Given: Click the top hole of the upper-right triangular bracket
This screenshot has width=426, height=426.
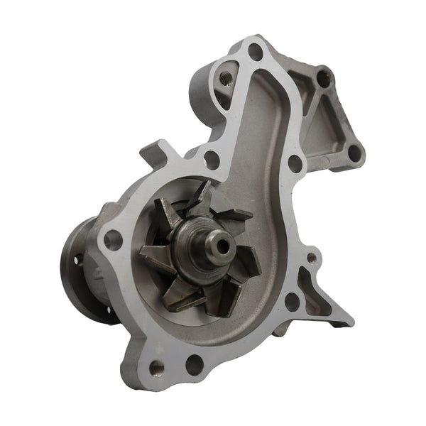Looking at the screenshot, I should tap(323, 77).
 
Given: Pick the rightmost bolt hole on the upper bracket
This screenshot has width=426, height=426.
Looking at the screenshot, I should tap(354, 152).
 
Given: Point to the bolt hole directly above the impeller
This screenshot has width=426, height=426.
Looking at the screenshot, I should tap(211, 160).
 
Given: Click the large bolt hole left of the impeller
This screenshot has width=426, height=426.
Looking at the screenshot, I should tap(112, 239).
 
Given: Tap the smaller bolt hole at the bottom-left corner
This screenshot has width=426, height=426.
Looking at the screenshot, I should tap(155, 368).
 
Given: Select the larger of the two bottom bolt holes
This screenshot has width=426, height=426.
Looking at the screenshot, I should tap(194, 365).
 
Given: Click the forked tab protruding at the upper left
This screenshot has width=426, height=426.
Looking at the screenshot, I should tap(157, 152).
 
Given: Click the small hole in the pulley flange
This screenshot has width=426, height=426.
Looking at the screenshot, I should tap(77, 261).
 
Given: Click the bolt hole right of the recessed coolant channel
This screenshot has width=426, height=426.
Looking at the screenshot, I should tap(295, 163).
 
